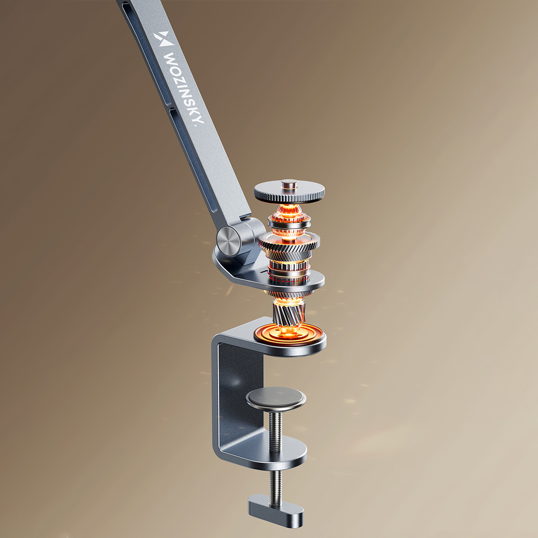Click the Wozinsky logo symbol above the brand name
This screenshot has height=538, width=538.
164,39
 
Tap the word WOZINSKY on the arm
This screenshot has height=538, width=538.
184,89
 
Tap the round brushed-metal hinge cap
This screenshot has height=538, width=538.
229,241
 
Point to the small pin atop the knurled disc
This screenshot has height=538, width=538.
289,184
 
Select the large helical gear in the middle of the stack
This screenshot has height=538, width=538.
289,242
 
